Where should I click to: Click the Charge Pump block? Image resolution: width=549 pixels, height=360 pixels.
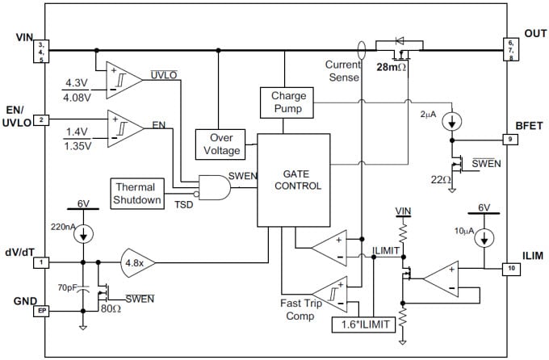pos(283,103)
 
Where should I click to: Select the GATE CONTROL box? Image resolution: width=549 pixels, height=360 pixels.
pos(293,179)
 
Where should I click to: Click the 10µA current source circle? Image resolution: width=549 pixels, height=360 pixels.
pos(484,240)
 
